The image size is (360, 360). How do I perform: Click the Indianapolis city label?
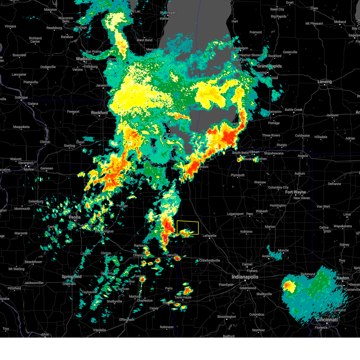click(x=245, y=277)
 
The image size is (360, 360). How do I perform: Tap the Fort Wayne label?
click(x=295, y=192)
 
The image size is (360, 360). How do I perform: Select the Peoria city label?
click(x=75, y=217)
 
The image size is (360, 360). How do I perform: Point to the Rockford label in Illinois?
click(x=99, y=113)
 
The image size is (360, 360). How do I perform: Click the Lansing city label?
click(x=325, y=82)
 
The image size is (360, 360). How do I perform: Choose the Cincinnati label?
click(x=327, y=320)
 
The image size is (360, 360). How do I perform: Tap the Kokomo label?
click(x=246, y=232)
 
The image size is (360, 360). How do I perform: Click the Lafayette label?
click(x=209, y=236)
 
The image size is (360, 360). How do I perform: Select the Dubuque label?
click(x=21, y=97)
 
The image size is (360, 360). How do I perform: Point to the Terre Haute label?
click(x=183, y=297)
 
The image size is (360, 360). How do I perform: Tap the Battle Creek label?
click(x=293, y=110)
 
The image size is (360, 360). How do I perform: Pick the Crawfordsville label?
click(x=210, y=260)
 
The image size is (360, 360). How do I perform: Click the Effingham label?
click(x=127, y=320)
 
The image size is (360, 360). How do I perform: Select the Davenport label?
click(x=26, y=163)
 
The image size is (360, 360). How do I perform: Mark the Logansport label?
click(x=235, y=214)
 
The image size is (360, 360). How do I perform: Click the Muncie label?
click(x=283, y=250)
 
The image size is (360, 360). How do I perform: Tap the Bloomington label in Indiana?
click(x=227, y=317)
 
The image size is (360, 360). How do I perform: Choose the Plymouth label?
click(x=238, y=175)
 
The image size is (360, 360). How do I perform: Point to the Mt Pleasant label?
click(x=314, y=24)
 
